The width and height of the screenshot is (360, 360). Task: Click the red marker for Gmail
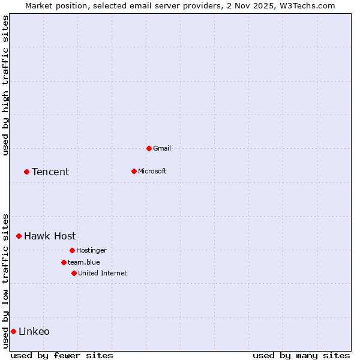tap(149, 148)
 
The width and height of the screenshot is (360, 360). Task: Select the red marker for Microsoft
tap(134, 171)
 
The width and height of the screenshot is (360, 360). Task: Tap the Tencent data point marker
tap(26, 172)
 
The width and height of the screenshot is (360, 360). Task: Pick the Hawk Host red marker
tap(19, 236)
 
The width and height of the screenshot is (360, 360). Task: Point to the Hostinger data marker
tap(72, 250)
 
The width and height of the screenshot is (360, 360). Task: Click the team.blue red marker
tap(64, 262)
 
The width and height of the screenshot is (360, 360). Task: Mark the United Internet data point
tap(74, 273)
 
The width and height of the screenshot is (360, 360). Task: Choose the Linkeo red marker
tap(13, 331)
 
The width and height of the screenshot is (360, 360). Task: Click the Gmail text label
tap(162, 148)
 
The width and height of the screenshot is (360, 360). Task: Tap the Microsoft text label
tap(152, 171)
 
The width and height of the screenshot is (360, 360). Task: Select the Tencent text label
tap(50, 172)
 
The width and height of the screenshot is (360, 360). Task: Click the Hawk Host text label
tap(50, 236)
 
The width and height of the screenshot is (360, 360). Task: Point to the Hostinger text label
tap(91, 250)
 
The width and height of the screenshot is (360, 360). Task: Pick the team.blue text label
tap(84, 262)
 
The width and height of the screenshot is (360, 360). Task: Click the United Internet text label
tap(103, 273)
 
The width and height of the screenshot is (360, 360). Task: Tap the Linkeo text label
tap(34, 331)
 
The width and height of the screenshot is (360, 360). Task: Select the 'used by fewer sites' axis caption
tap(62, 355)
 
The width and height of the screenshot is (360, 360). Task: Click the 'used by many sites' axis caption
tap(301, 355)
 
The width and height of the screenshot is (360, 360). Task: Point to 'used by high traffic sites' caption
tap(5, 85)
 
